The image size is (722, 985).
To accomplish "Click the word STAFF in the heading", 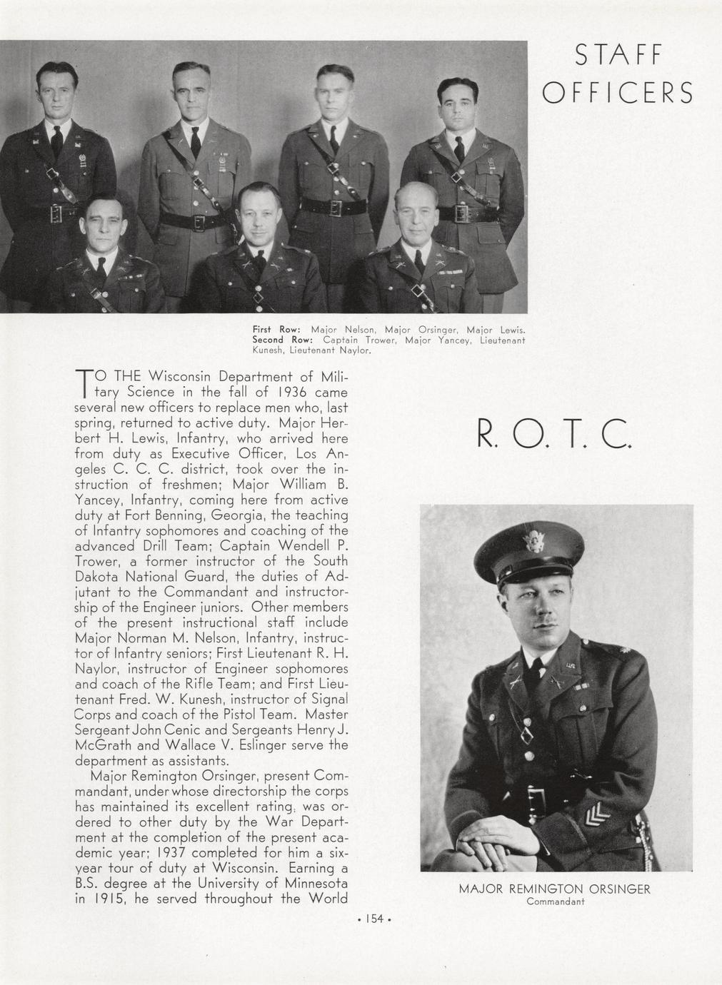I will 620,56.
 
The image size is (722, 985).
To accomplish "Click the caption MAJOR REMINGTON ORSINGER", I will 554,889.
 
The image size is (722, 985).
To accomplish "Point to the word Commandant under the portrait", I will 555,901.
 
